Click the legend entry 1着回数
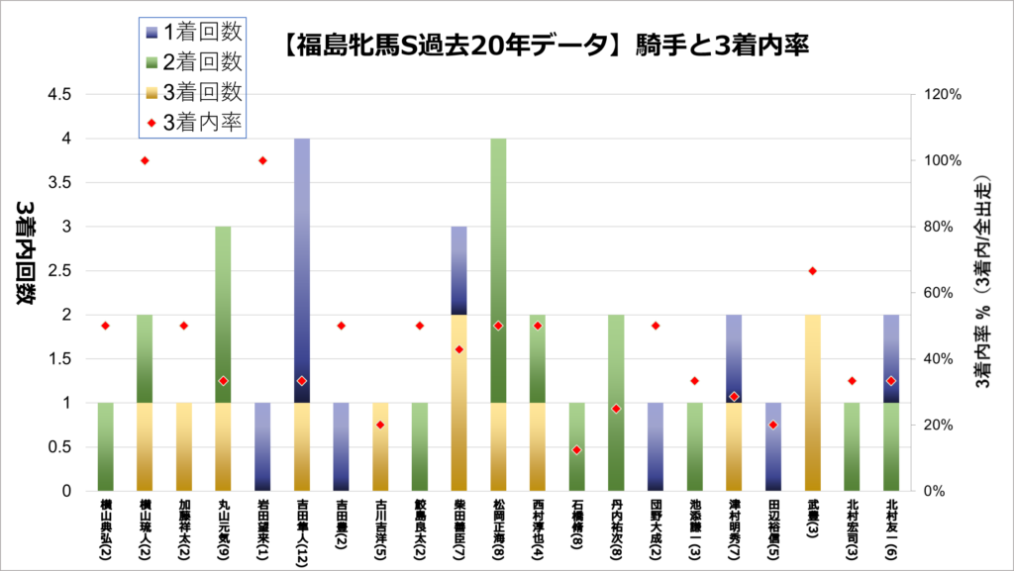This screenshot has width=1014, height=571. click(193, 33)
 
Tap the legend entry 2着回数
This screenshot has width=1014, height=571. click(193, 61)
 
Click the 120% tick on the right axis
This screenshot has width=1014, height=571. click(943, 95)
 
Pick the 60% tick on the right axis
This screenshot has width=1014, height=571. click(940, 293)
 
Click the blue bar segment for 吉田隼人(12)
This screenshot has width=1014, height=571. click(303, 270)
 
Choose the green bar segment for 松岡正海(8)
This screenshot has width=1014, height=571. click(499, 270)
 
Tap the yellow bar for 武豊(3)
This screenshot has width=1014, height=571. click(813, 403)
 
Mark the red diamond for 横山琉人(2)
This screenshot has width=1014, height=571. click(145, 160)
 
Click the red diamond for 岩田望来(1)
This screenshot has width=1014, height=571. click(263, 160)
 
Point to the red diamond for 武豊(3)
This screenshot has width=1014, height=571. click(813, 271)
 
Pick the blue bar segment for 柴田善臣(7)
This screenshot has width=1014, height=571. click(459, 270)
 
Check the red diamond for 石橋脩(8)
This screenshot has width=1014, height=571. click(577, 450)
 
